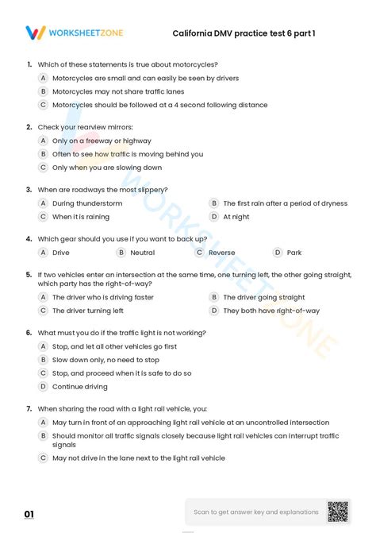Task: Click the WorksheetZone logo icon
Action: [36, 33]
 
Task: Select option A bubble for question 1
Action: [44, 78]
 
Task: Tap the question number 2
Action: [29, 127]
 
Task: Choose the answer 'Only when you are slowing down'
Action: [106, 168]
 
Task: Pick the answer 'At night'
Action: [236, 216]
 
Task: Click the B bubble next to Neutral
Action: [121, 253]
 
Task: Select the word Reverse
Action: [221, 253]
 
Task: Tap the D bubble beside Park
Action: [278, 253]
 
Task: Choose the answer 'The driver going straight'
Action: [263, 297]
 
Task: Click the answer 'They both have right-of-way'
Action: [271, 311]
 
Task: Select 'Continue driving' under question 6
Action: [79, 387]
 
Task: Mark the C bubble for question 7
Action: [44, 458]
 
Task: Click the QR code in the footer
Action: [338, 512]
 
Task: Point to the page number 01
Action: [29, 514]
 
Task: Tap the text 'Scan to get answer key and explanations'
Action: [256, 512]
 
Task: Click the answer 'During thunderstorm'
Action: [87, 203]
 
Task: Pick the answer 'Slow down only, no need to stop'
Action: [106, 360]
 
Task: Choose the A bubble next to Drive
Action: [44, 253]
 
